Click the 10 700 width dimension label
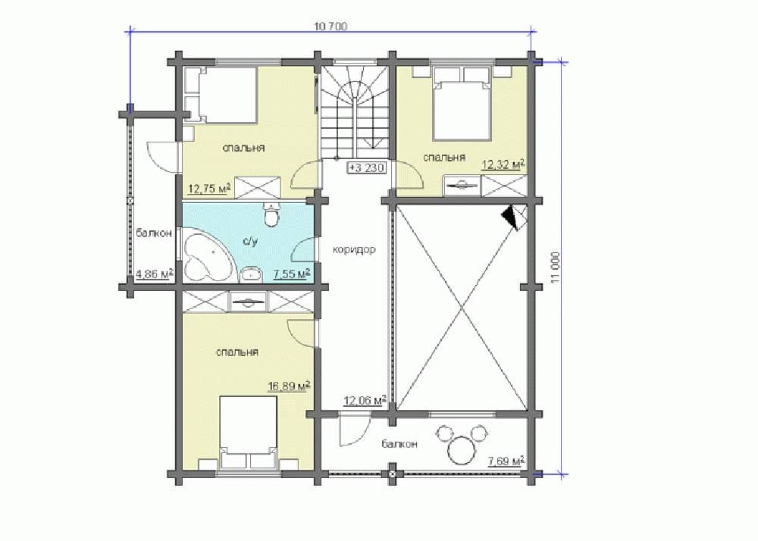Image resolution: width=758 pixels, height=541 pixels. point(330,27)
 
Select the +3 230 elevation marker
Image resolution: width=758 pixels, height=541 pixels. point(367,168)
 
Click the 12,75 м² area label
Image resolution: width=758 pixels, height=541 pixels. point(209,187)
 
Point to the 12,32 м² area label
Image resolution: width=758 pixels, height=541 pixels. point(503,164)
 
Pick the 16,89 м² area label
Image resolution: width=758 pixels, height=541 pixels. point(289,386)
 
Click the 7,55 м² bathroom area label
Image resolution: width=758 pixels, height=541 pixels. point(292,274)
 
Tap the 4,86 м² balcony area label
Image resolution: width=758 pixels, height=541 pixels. point(155,274)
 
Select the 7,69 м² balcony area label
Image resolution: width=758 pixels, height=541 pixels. point(506,461)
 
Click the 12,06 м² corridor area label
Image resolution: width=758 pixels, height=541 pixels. point(365,400)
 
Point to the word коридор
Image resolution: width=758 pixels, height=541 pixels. point(354,250)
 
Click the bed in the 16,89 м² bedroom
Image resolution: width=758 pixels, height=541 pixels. point(249,433)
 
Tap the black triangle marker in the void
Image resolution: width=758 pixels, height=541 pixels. point(510,217)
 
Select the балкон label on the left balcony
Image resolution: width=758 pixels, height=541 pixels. point(154,233)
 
